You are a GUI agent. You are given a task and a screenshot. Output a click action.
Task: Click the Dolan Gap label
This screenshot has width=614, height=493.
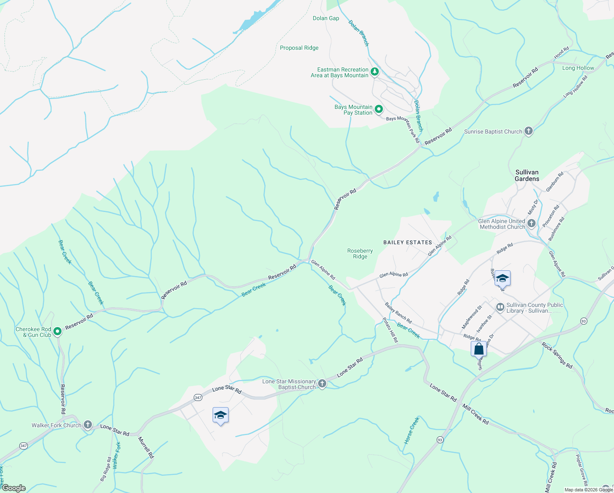point(326,18)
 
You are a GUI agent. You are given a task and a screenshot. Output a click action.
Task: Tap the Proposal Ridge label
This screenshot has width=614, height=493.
point(299,48)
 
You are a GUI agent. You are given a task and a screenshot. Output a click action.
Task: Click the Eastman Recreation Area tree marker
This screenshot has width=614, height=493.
point(374,72)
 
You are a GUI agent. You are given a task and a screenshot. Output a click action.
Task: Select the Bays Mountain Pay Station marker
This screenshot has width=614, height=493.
point(379,109)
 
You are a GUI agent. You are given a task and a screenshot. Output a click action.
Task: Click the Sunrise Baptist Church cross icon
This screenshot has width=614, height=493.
point(529,131)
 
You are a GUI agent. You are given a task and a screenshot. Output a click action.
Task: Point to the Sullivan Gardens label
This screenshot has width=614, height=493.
point(527,175)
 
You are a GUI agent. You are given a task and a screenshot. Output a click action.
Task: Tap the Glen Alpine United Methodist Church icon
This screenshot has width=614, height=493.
point(532,223)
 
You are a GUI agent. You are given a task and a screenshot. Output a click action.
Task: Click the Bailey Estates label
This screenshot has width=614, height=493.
point(408,242)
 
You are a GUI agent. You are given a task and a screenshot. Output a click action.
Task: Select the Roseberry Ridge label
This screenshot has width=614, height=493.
point(360,253)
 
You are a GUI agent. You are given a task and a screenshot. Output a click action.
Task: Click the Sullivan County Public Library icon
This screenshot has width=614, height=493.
point(500,307)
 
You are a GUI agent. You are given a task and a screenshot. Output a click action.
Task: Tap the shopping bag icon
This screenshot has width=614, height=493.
point(479,350)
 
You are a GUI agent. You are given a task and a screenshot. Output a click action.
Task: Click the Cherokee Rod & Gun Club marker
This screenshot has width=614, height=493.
point(57,331)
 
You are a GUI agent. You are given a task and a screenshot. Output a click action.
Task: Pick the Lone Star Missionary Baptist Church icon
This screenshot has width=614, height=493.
point(322,384)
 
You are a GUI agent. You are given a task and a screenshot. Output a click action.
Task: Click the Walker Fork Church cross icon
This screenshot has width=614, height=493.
point(87,425)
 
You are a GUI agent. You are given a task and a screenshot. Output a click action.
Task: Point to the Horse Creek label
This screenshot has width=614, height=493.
point(412,431)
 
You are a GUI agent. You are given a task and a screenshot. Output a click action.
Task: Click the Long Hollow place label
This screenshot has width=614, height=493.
point(578,68)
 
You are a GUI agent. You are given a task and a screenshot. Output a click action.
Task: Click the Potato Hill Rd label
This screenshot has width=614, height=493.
point(390,330)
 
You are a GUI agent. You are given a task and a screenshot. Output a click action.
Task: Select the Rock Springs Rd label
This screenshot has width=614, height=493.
point(557,355)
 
